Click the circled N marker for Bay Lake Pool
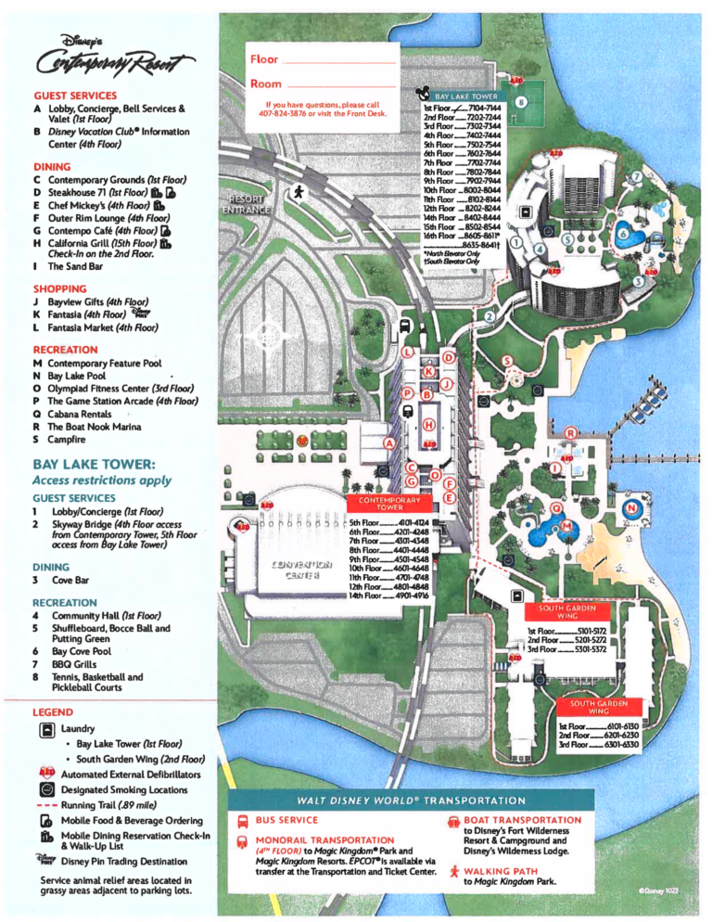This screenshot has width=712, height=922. pos(631,508)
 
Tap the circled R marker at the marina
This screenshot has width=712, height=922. pos(571,433)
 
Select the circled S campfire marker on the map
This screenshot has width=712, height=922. pos(506,361)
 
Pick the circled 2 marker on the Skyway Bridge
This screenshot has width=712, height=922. pos(488,318)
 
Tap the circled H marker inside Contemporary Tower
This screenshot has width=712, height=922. pos(428,425)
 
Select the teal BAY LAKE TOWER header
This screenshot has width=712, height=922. pos(464,96)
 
